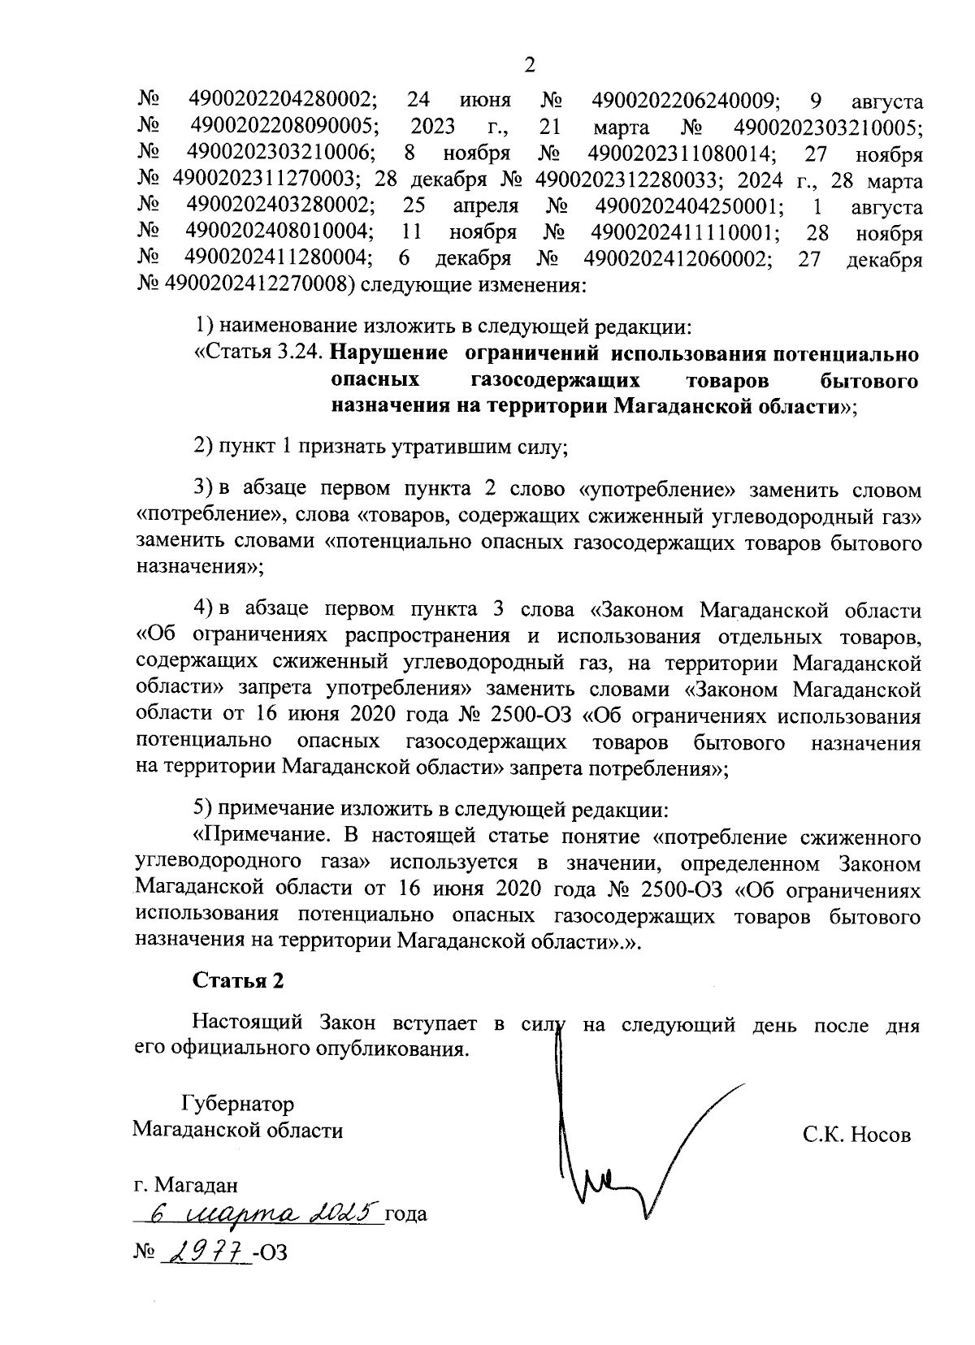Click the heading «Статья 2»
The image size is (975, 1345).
(x=238, y=980)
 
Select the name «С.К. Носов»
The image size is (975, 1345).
(x=856, y=1135)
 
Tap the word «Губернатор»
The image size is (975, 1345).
(x=237, y=1104)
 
